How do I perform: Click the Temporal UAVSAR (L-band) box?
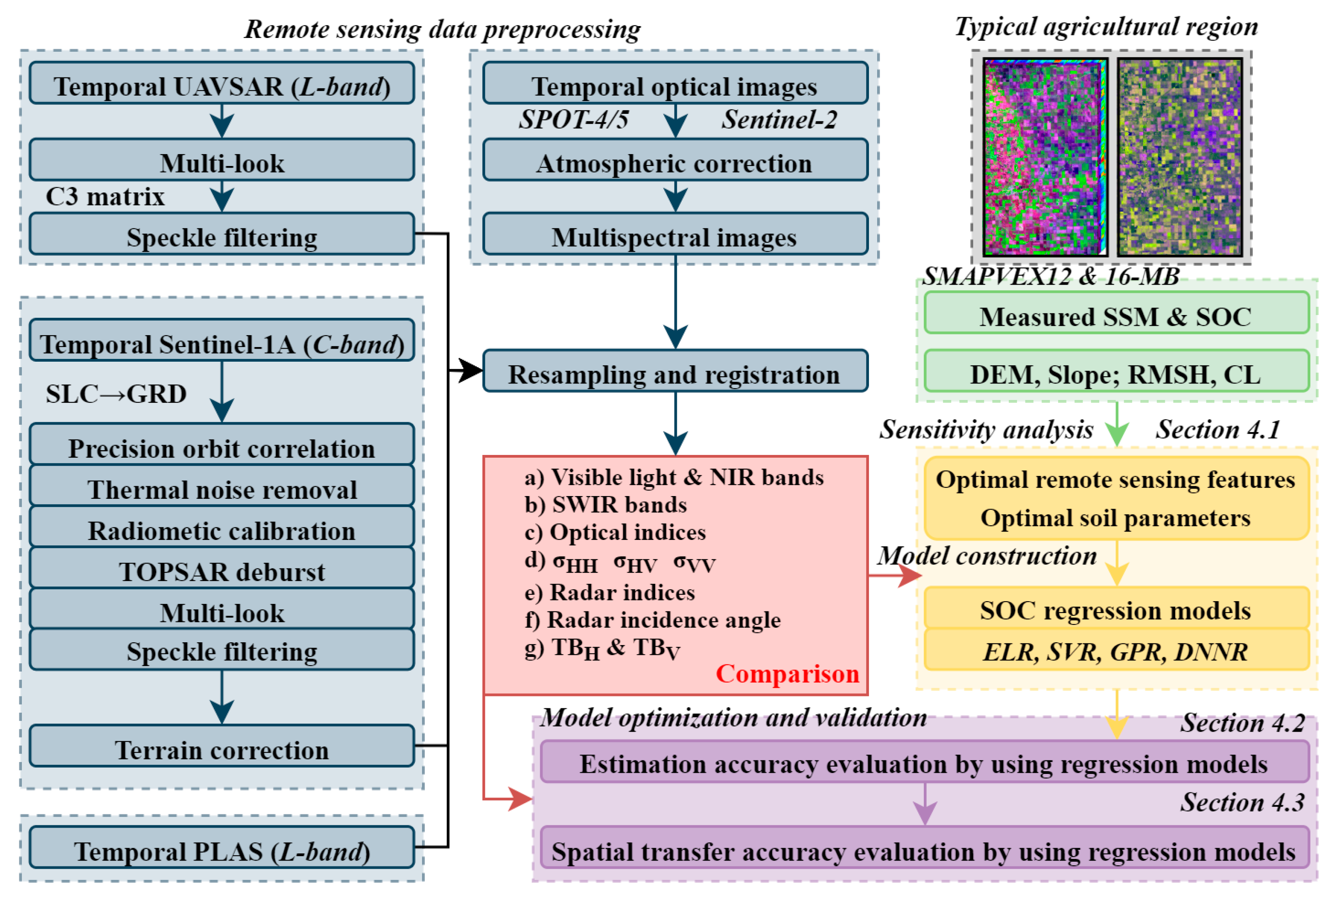click(x=221, y=84)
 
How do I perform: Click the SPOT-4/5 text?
click(x=574, y=119)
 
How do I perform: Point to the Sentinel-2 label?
click(x=778, y=119)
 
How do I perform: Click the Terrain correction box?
click(x=221, y=747)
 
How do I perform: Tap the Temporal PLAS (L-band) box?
click(x=221, y=848)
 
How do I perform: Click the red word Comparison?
click(x=787, y=674)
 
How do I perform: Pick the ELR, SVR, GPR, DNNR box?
click(x=1115, y=650)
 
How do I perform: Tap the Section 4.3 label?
click(x=1242, y=802)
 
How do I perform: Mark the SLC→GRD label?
click(x=116, y=394)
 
